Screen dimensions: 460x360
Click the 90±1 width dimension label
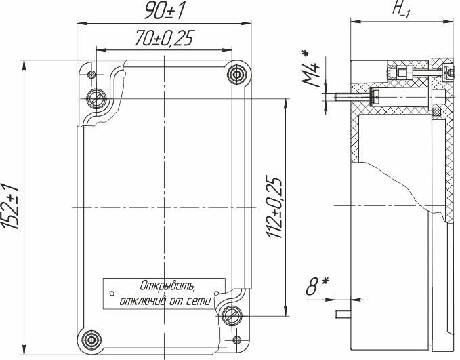click(x=164, y=11)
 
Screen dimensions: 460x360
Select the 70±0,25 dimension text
click(x=165, y=38)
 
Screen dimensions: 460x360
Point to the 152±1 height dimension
click(x=10, y=206)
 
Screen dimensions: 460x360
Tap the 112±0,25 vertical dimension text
click(x=274, y=207)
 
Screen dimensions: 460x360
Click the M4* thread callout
click(x=311, y=69)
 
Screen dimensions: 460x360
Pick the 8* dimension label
click(x=316, y=285)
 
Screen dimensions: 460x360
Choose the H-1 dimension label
click(x=402, y=10)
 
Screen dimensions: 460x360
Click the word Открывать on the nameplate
click(x=167, y=285)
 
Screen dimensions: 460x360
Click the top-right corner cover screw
click(x=236, y=74)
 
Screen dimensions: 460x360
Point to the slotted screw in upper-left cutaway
click(x=97, y=98)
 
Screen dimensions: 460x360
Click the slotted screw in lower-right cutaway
click(x=232, y=316)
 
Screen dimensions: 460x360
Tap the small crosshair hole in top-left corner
click(x=92, y=74)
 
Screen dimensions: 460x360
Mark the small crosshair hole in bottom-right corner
click(x=236, y=340)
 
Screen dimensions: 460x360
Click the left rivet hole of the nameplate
click(x=112, y=294)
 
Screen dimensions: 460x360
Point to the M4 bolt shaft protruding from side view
click(x=349, y=97)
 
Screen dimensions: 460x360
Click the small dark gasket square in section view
click(x=437, y=112)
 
